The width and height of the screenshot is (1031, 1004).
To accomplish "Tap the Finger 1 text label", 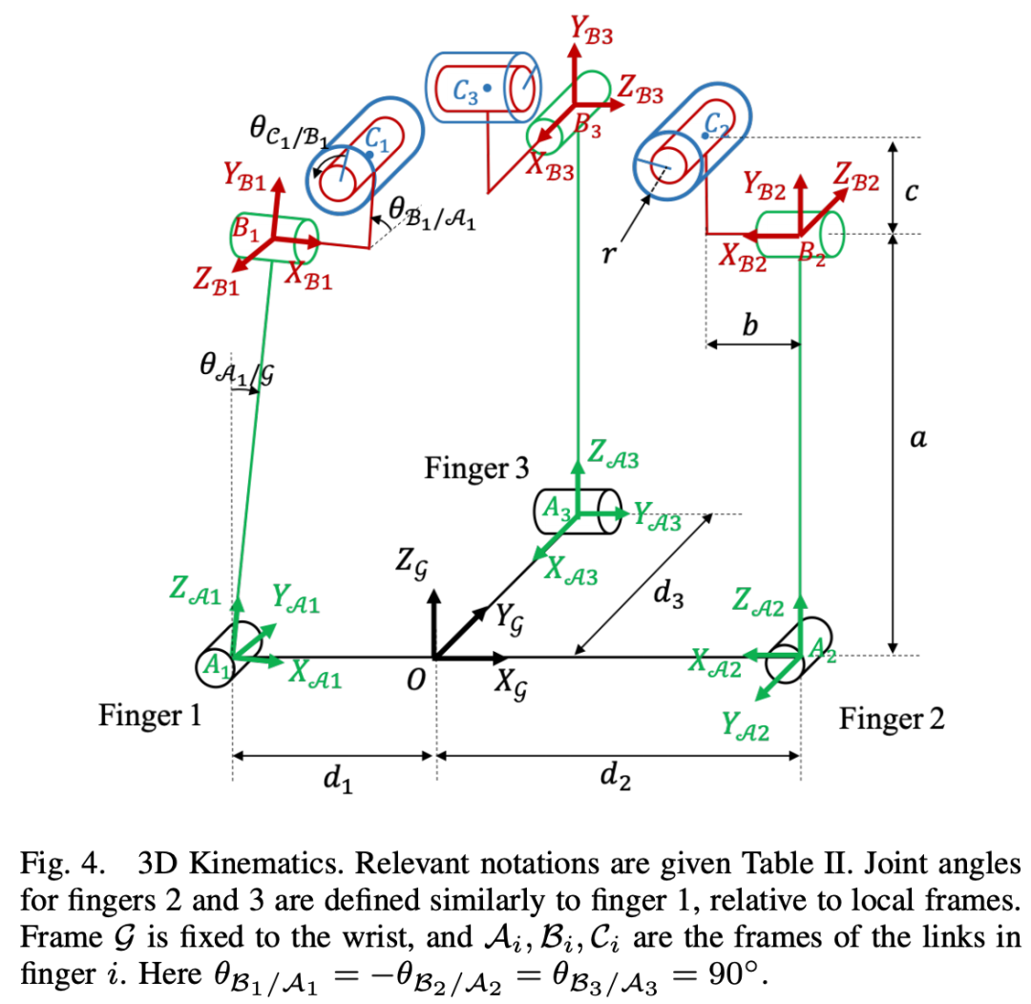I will click(150, 715).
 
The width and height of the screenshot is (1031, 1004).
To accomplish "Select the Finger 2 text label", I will click(892, 719).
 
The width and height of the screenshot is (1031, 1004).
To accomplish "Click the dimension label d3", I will click(668, 595).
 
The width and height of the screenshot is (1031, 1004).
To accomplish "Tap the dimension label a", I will click(917, 439).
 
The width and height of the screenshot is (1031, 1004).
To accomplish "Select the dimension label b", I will click(750, 327).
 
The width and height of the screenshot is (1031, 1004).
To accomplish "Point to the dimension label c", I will click(912, 192).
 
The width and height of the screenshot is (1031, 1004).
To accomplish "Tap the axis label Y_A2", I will click(744, 731).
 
